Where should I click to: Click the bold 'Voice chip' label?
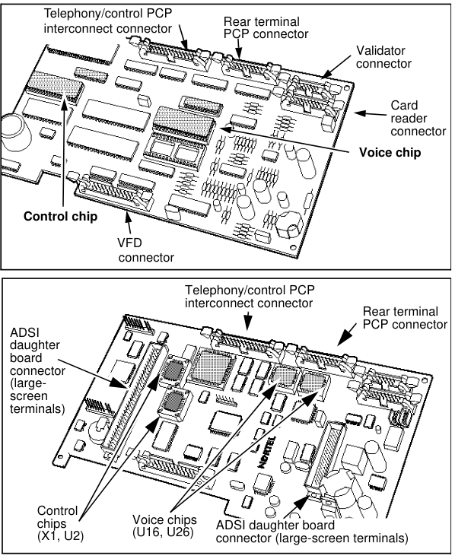[390, 153]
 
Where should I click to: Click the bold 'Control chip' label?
[60, 217]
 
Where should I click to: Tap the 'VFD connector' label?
[146, 250]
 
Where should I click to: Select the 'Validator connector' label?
[383, 57]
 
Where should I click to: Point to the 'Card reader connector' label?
[418, 119]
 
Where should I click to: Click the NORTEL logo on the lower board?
[266, 453]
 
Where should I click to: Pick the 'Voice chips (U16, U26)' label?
[164, 526]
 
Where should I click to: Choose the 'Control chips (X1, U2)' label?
[60, 523]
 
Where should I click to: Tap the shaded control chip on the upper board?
[54, 85]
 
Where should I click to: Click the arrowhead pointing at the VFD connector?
[128, 217]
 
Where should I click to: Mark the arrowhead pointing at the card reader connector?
[360, 113]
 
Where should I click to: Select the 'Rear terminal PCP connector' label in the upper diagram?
[266, 28]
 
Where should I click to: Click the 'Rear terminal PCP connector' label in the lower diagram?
[405, 318]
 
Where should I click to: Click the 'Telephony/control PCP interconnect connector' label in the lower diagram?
[250, 297]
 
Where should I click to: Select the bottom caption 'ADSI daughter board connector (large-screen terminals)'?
[312, 531]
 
